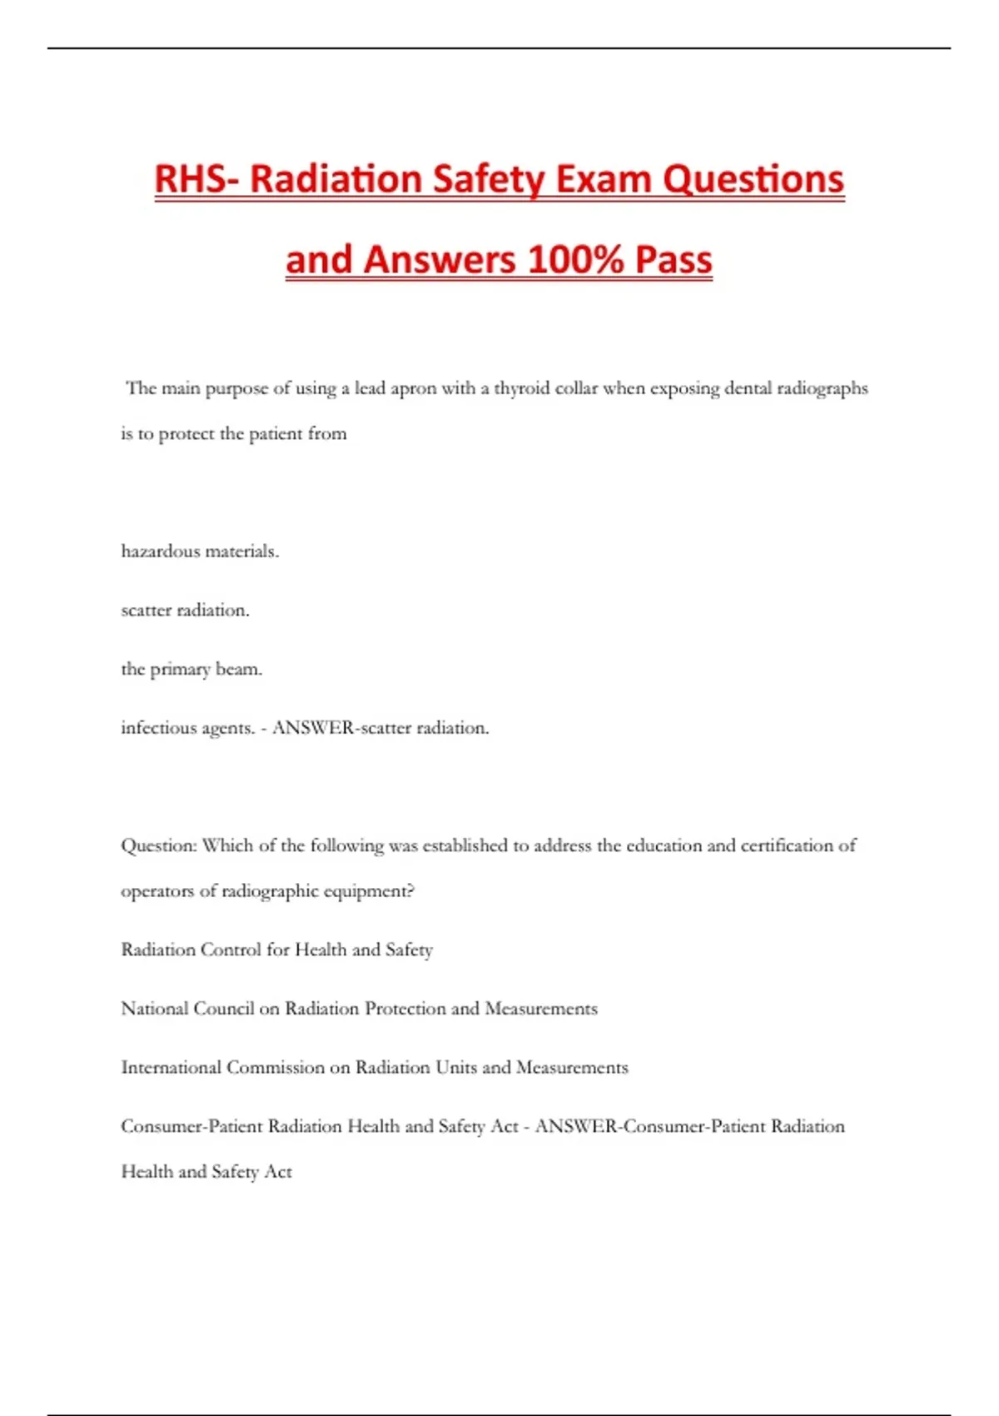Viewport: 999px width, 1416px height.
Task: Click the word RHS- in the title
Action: tap(197, 179)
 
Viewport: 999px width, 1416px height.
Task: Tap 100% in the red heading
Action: tap(575, 259)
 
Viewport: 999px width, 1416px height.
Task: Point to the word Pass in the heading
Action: tap(673, 259)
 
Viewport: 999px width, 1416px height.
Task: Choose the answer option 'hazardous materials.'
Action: tap(200, 551)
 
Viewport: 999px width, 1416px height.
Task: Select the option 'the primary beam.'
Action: tap(191, 669)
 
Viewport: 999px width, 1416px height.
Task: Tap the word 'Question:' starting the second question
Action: tap(159, 845)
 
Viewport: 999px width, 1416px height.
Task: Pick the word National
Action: tap(154, 1009)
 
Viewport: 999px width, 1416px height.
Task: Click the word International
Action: tap(171, 1068)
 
